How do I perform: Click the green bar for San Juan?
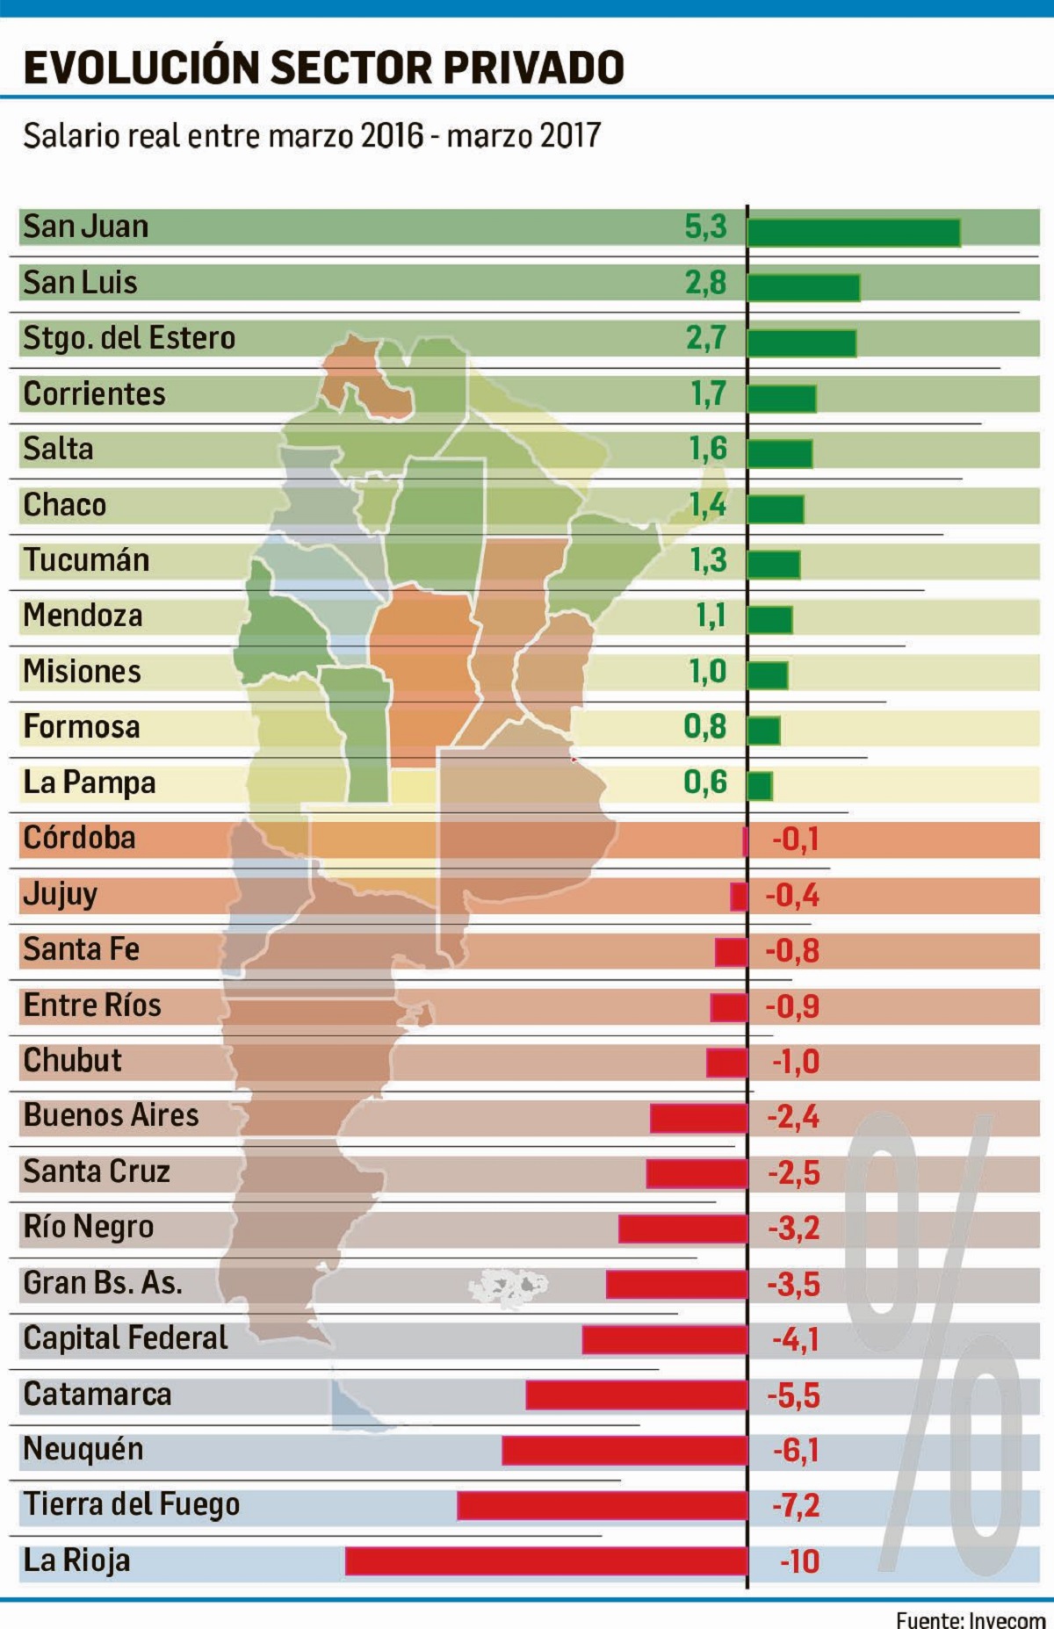pos(853,233)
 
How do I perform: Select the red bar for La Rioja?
pos(545,1561)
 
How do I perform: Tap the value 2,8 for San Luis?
pos(706,283)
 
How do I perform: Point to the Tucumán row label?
pos(86,560)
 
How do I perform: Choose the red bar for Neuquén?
pos(624,1450)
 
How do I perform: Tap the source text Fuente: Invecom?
pos(970,1619)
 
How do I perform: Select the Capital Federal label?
pos(125,1338)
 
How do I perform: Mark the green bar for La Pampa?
pos(760,786)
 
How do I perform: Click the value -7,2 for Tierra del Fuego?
pos(796,1506)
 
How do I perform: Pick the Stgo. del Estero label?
pos(129,338)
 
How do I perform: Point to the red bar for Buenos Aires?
pos(698,1118)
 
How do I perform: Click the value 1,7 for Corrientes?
pos(708,394)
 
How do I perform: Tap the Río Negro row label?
pos(88,1227)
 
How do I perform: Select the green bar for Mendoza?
pos(770,619)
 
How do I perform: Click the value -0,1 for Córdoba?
pos(795,840)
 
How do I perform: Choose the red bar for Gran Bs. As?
pos(676,1284)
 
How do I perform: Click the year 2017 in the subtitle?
pos(570,136)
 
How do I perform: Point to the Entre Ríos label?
pos(92,1006)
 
